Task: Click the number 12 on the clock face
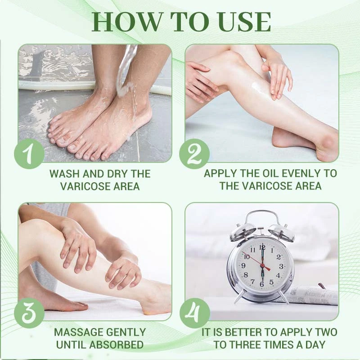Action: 262,247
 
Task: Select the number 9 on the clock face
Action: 244,266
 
